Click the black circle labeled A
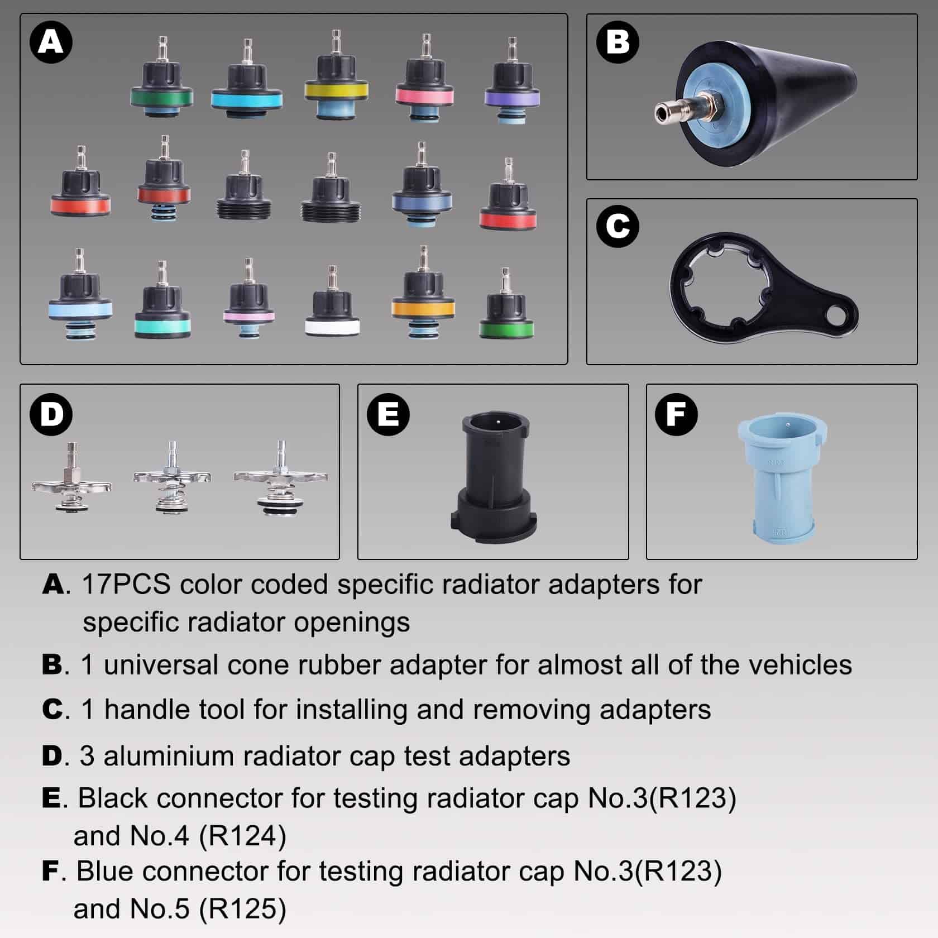[x=51, y=42]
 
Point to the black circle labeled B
[x=618, y=42]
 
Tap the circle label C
[x=618, y=226]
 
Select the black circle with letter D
[x=51, y=414]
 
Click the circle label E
[x=389, y=414]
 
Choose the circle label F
[x=677, y=414]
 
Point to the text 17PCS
[x=126, y=585]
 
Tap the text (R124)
[x=242, y=836]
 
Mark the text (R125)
[x=242, y=908]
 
